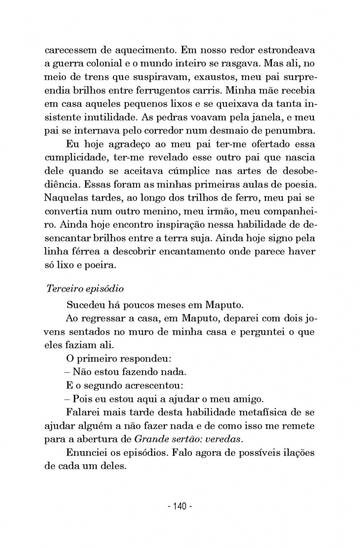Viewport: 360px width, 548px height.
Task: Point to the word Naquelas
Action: pyautogui.click(x=65, y=198)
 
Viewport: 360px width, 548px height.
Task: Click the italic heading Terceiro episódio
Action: pyautogui.click(x=85, y=289)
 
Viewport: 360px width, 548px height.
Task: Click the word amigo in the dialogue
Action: pyautogui.click(x=248, y=399)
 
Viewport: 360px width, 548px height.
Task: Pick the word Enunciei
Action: pyautogui.click(x=87, y=453)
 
